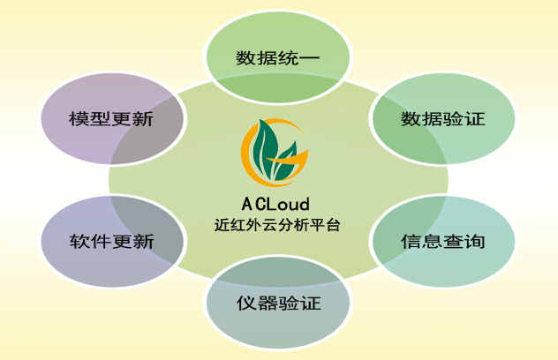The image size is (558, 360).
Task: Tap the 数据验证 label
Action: click(x=443, y=119)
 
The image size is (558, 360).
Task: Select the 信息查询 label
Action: click(x=443, y=242)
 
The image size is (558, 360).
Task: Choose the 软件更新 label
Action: click(x=111, y=242)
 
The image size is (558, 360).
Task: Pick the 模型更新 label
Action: click(x=111, y=119)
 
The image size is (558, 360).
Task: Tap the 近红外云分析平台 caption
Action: click(x=277, y=224)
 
